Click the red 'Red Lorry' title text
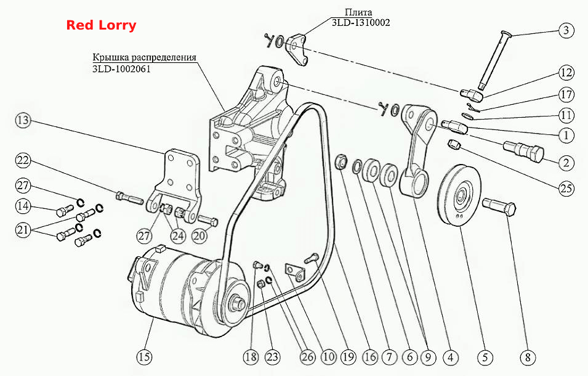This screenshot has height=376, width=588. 101,25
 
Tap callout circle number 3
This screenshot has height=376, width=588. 566,30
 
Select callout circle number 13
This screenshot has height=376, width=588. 23,120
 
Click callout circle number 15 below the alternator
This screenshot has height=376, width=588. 144,356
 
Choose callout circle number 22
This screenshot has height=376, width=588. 23,161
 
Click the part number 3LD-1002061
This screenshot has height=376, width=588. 121,69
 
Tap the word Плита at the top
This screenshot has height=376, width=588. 358,13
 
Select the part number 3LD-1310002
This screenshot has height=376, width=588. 361,23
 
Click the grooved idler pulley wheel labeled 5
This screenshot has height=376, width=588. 459,195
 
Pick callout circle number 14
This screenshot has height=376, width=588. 23,206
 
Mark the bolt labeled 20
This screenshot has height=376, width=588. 207,221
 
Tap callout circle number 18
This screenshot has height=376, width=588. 251,356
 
